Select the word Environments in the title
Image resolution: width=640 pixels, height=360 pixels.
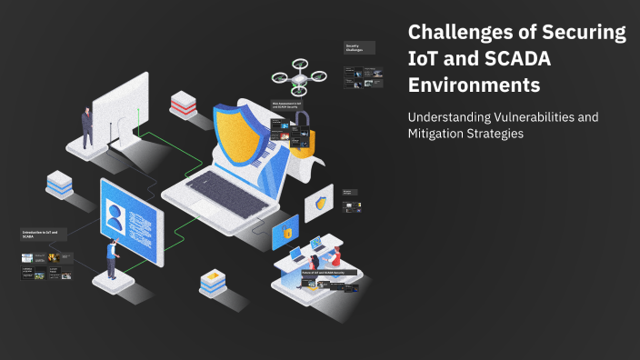click(x=473, y=85)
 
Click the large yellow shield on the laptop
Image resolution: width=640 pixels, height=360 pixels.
click(x=240, y=137)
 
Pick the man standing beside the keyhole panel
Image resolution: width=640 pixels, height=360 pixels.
click(x=87, y=126)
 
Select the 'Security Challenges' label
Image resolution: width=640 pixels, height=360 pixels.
click(x=354, y=47)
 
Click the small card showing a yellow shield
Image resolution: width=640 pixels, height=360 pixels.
click(x=319, y=204)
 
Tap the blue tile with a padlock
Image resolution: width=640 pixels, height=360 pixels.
click(x=286, y=234)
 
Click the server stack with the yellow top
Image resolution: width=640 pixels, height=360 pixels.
click(x=213, y=283)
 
